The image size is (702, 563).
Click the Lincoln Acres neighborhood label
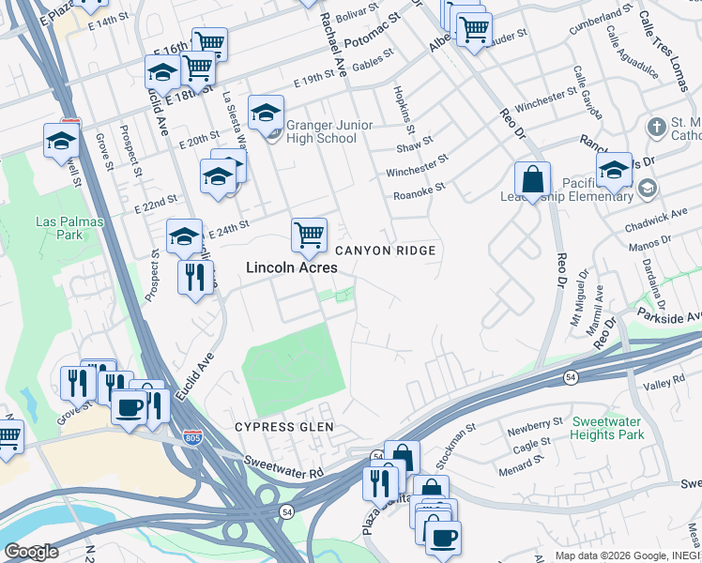[291, 267]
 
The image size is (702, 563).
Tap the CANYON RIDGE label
[386, 251]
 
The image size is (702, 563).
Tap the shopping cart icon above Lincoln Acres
[309, 235]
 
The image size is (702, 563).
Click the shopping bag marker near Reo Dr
[532, 178]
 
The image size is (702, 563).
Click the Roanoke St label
[419, 191]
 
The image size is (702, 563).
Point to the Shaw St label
[414, 146]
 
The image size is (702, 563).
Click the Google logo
[31, 552]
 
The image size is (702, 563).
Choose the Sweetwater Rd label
[283, 466]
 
